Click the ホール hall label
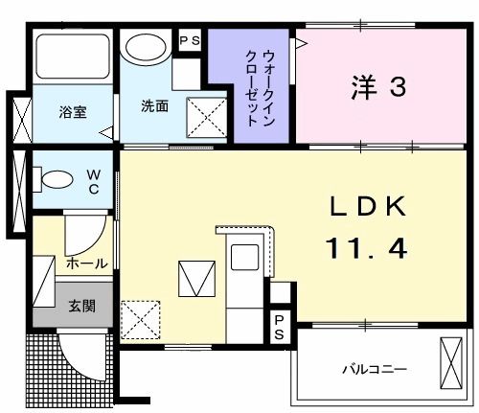86,263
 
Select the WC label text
94,181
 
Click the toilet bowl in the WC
56,179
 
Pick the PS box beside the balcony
279,326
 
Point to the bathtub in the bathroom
71,58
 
